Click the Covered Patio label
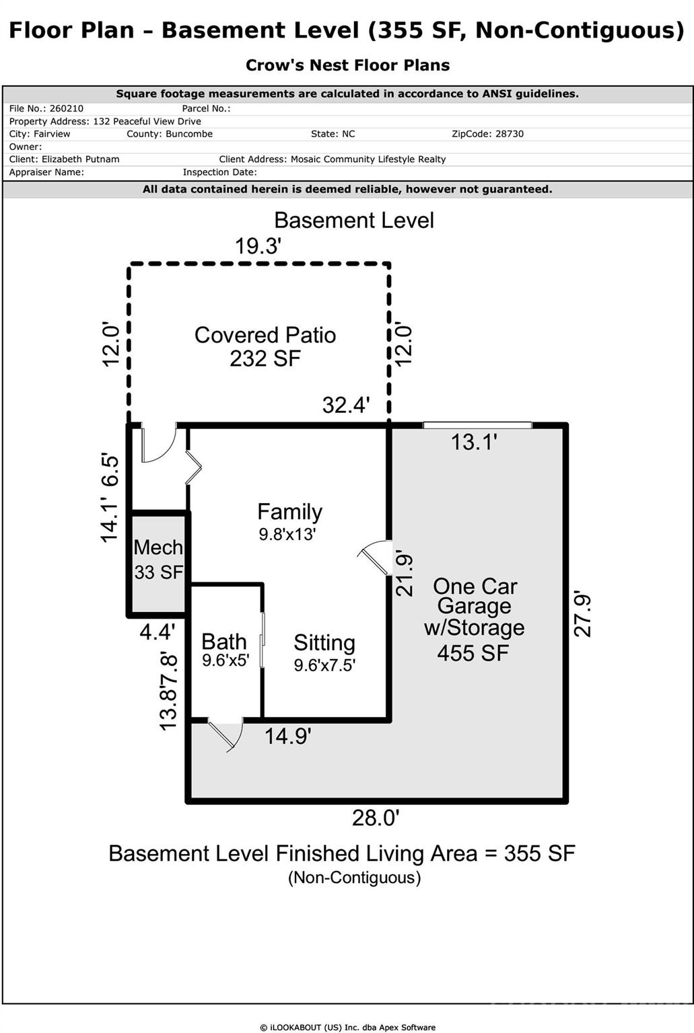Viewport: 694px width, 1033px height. click(x=265, y=335)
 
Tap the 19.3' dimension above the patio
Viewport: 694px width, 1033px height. click(x=257, y=247)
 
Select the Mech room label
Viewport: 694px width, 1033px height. click(x=158, y=547)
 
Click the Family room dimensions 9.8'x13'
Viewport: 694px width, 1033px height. click(x=287, y=535)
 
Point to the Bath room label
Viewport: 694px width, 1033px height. click(x=224, y=642)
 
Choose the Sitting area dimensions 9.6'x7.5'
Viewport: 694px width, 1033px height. click(x=324, y=665)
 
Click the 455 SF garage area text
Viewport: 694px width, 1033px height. click(x=473, y=652)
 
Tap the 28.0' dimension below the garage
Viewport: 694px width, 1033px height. click(x=376, y=818)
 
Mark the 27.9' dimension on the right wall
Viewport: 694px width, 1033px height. click(x=582, y=613)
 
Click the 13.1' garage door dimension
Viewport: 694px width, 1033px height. click(x=474, y=442)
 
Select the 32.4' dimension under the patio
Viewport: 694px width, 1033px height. click(x=346, y=405)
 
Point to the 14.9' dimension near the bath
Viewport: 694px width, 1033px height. click(x=287, y=736)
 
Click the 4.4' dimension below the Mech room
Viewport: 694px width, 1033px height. click(x=157, y=632)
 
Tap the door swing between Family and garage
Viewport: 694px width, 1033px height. click(x=376, y=557)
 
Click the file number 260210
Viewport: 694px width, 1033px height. click(x=67, y=108)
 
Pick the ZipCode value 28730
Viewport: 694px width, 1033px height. click(x=509, y=134)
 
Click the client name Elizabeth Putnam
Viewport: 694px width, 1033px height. click(x=80, y=159)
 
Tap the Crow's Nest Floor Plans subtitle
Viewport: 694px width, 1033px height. click(x=347, y=65)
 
